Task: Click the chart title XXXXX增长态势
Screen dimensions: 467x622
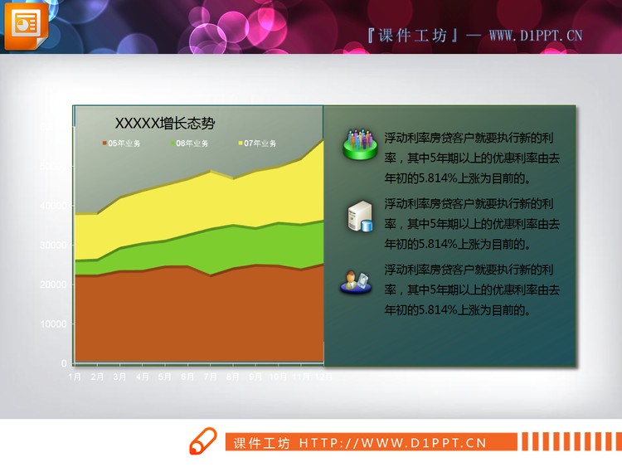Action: point(164,124)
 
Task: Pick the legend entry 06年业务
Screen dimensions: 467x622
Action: point(190,144)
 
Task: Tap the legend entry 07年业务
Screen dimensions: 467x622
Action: point(258,144)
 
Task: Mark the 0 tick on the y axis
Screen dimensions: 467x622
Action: point(64,363)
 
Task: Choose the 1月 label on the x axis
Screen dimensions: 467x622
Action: point(75,376)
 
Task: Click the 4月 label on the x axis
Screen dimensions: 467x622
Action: point(143,376)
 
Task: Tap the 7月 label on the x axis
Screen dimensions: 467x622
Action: point(210,376)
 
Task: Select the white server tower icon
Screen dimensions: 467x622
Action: point(359,216)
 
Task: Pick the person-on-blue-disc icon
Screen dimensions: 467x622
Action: point(356,282)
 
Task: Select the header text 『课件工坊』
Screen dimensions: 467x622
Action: point(412,35)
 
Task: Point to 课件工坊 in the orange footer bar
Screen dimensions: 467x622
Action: point(261,442)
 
